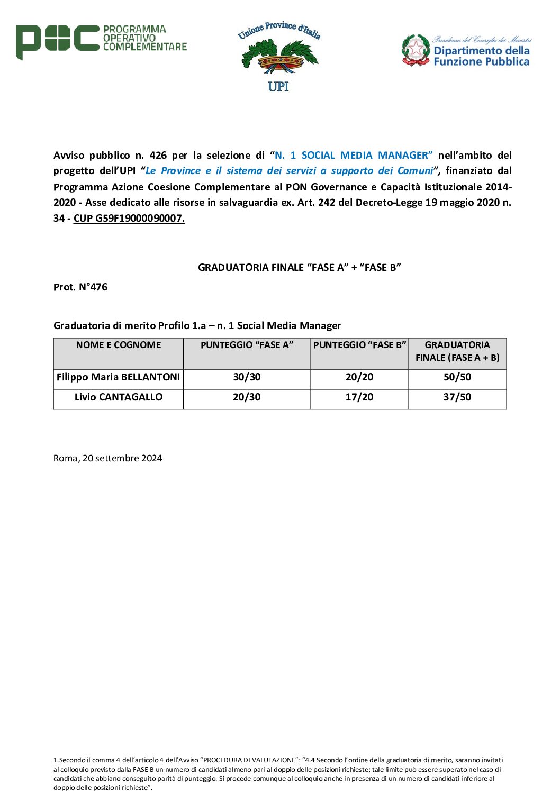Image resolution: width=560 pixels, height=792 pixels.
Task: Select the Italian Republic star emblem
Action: tap(416, 50)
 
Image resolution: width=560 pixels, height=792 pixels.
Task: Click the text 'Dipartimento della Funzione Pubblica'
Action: tap(481, 56)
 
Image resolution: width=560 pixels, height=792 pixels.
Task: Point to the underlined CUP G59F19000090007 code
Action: tap(129, 218)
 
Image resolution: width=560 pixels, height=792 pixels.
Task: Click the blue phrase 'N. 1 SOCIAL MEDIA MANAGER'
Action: tap(354, 155)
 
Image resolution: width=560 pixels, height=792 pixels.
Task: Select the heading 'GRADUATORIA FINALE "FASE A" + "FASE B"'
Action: tap(299, 267)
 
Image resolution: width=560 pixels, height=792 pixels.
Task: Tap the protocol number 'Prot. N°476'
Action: tap(80, 287)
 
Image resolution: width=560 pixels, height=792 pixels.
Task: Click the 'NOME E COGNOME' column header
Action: tap(119, 345)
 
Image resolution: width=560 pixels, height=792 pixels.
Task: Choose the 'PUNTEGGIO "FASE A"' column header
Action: tap(247, 345)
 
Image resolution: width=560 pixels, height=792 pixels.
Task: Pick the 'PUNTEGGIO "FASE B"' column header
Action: tap(359, 345)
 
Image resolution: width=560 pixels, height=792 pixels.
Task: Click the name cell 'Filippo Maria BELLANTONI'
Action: tap(119, 377)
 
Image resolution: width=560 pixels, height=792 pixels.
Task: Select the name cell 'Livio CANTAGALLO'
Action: tap(119, 397)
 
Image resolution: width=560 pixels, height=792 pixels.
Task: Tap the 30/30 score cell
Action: tap(247, 377)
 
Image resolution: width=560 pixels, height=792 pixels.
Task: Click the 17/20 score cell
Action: tap(359, 397)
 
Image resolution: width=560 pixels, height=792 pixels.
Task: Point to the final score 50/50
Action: tap(457, 377)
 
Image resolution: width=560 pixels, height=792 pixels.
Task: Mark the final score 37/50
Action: tap(457, 397)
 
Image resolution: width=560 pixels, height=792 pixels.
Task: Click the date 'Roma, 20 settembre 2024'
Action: tap(107, 458)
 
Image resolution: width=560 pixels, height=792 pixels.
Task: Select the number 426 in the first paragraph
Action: tap(158, 155)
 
